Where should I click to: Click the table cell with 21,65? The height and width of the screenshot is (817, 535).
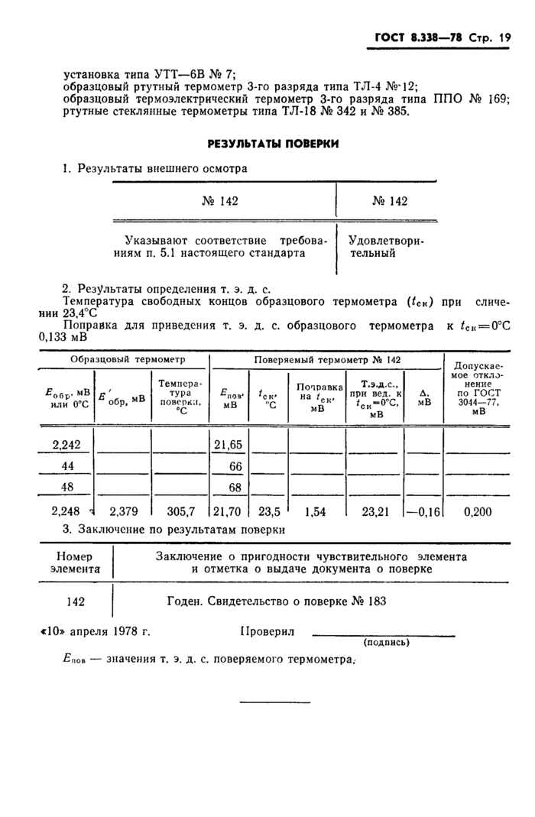coord(229,444)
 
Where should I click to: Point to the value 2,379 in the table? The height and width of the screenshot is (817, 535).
coord(122,511)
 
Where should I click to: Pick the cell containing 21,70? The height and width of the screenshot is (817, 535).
coord(229,511)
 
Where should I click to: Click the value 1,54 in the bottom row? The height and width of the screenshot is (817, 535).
coord(315,511)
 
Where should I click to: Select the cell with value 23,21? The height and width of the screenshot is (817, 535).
coord(375,511)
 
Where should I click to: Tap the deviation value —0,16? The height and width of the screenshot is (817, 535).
coord(424,511)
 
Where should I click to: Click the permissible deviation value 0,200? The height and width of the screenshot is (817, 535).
coord(478,511)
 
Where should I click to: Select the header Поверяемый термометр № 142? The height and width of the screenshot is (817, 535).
coord(326,359)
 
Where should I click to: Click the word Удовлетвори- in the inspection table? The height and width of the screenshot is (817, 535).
coord(386,240)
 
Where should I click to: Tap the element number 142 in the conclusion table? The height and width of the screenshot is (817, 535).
coord(75,601)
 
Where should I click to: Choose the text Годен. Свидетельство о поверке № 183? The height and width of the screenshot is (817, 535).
coord(276,601)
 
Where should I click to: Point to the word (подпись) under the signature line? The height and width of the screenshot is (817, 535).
coord(386,643)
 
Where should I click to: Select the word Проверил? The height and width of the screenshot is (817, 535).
coord(267,632)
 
